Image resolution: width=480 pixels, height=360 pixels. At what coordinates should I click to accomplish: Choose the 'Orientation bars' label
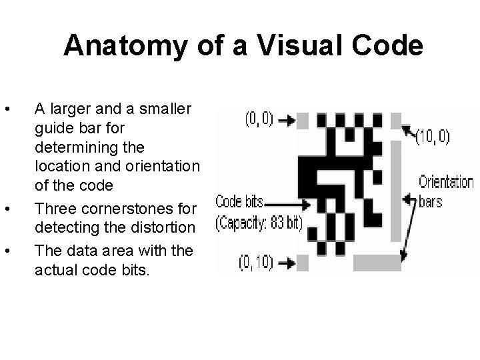click(x=445, y=191)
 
